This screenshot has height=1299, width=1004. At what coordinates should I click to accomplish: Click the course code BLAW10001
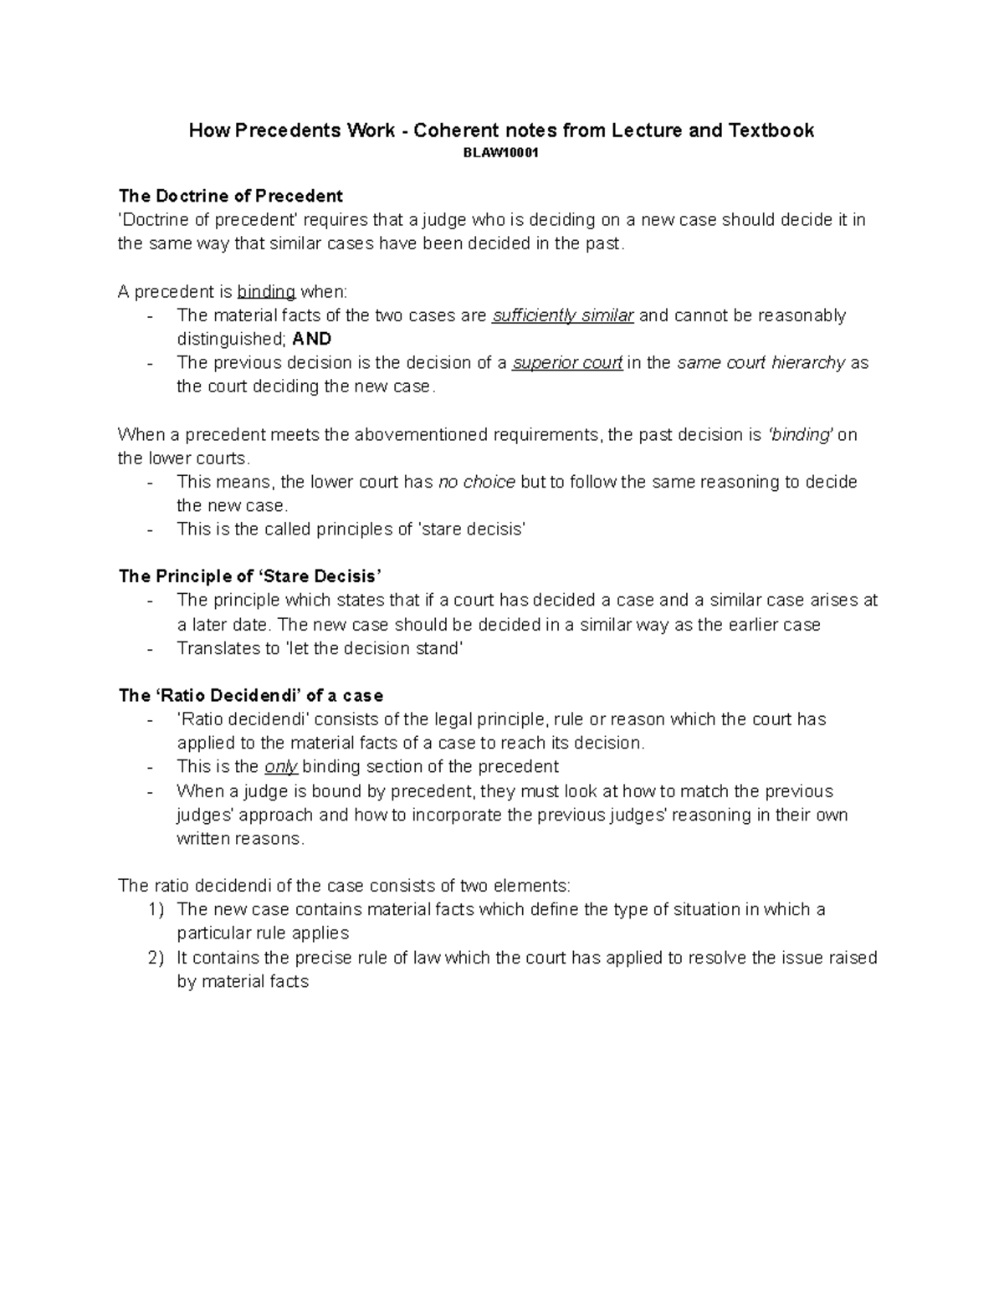501,154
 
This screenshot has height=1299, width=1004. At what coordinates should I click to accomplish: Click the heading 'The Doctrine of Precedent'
230,196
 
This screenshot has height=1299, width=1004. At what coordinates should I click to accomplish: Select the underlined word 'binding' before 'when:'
266,292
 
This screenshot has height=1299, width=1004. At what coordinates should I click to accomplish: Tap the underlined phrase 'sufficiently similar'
563,315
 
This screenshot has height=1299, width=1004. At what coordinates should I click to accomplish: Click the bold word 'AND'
312,339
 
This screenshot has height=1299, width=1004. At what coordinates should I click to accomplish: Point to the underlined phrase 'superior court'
567,363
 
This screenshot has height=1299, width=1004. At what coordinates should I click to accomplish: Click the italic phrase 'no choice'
476,482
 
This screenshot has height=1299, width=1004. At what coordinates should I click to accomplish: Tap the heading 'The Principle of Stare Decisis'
250,576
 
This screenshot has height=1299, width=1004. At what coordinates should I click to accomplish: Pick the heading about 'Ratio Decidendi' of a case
251,696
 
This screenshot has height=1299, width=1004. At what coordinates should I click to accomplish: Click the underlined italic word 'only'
281,767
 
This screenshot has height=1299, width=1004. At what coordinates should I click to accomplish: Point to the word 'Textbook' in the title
771,130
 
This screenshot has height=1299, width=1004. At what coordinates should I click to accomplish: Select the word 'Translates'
218,648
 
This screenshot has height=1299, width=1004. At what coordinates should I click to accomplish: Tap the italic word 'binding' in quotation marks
800,435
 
